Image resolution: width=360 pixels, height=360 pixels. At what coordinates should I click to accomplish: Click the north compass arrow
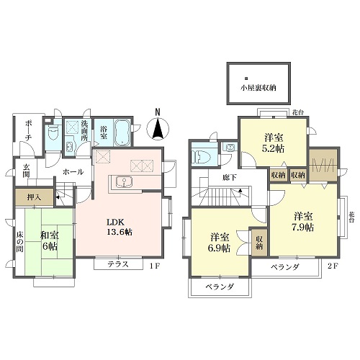[x=158, y=128]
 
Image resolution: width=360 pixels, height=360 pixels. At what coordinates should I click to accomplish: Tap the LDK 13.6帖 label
[x=120, y=227]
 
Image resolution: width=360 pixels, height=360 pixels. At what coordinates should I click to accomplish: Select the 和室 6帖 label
[x=50, y=241]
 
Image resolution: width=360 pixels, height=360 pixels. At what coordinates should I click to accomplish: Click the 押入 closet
[x=34, y=197]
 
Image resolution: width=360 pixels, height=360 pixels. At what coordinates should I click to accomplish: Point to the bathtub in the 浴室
[x=122, y=132]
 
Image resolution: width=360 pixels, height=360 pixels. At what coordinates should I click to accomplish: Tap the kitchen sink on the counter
[x=123, y=181]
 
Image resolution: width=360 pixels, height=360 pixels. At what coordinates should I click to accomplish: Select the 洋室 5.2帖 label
[x=274, y=143]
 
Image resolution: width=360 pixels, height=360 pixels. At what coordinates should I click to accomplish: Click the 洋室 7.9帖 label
[x=303, y=222]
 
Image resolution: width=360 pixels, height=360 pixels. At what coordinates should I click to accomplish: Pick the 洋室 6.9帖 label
[x=220, y=243]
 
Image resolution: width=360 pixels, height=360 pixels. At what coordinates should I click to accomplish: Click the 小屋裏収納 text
[x=258, y=88]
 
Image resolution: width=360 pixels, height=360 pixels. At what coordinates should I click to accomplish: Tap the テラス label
[x=118, y=264]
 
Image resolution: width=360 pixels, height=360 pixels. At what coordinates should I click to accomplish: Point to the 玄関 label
[x=26, y=171]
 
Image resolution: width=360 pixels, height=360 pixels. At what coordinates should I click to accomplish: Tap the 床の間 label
[x=19, y=242]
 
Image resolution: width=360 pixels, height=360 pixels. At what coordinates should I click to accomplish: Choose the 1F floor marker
[x=154, y=266]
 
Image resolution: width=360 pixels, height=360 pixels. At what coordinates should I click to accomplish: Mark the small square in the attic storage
[x=246, y=78]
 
